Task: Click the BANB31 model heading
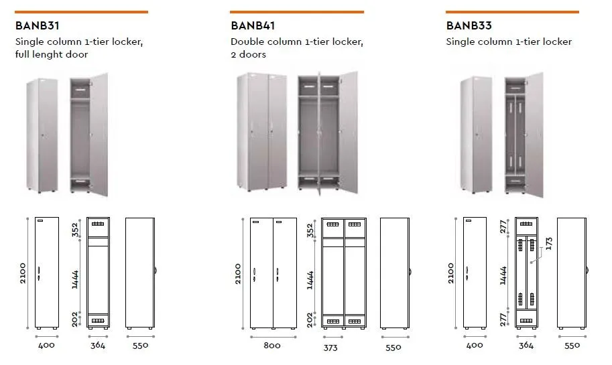click(x=37, y=25)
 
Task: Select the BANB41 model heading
click(x=253, y=25)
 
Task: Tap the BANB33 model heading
click(x=469, y=25)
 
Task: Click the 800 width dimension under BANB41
click(x=272, y=346)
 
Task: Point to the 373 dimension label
click(x=330, y=348)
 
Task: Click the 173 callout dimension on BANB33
click(x=549, y=244)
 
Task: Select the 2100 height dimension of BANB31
click(x=23, y=273)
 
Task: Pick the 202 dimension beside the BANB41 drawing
click(x=310, y=320)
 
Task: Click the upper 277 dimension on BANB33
click(x=503, y=226)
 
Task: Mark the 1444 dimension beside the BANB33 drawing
click(x=503, y=275)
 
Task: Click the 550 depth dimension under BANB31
click(x=140, y=345)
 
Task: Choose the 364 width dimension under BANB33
click(x=526, y=345)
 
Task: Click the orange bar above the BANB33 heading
click(x=513, y=12)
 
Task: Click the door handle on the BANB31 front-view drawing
click(x=39, y=273)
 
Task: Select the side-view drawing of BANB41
click(x=395, y=273)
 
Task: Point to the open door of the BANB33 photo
click(x=534, y=135)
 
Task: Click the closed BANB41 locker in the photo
click(x=262, y=132)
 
